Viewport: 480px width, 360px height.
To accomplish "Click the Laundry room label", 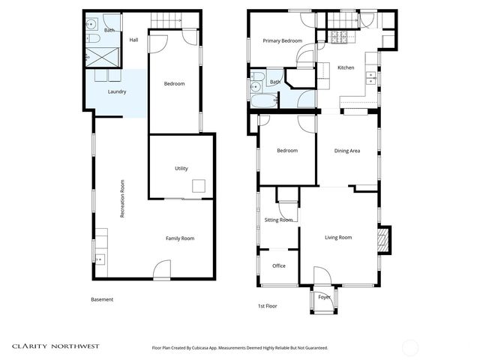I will coord(116,92).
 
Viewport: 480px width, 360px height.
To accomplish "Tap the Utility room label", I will coord(181,168).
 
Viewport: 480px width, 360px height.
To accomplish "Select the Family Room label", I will coord(180,238).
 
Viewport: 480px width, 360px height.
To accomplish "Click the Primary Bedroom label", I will coord(282,41).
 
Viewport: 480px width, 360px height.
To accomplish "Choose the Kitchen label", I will coord(346,67).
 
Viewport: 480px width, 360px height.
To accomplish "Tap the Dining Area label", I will coord(347,151).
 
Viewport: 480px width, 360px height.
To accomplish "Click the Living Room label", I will coord(338,238).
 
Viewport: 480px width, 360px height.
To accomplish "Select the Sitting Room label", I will coord(279,220).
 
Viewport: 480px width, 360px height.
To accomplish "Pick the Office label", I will coord(279,265).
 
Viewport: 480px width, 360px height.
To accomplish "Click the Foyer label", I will coord(324,297).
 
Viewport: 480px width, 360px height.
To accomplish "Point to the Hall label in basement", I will coord(133,40).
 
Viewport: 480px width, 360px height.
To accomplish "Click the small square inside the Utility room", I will coord(199,187).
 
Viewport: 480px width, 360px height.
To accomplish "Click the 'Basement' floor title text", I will coord(102,299).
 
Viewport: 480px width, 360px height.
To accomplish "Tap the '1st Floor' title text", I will coord(268,306).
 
